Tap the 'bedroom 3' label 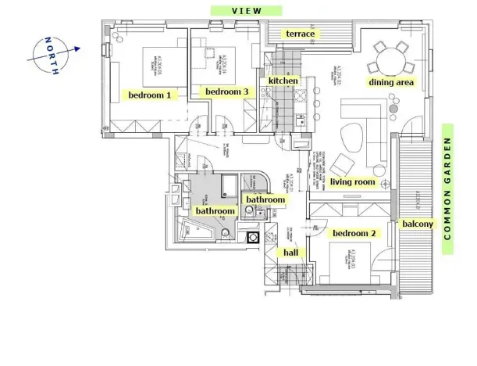coord(226,92)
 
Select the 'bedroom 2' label coord(354,234)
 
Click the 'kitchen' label coord(283,81)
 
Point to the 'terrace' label coord(301,34)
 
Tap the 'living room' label coord(353,182)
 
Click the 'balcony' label coord(418,224)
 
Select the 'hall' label coord(290,253)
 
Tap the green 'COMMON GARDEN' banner coord(449,188)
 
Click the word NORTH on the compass coord(51,56)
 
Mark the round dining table coord(390,57)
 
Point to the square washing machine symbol coord(253,236)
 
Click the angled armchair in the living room coord(343,165)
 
